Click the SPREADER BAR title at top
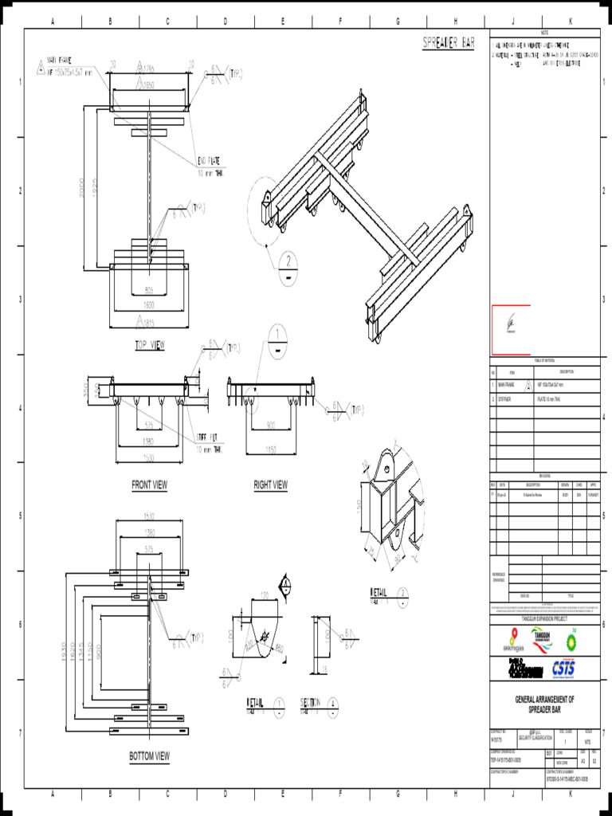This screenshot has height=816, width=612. pos(448,43)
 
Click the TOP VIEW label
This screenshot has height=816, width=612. pos(149,346)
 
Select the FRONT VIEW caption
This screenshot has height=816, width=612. pos(149,484)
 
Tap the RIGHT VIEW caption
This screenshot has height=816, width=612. pos(270,484)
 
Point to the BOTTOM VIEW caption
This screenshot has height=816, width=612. pos(149,755)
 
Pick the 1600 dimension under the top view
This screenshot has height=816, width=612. pos(149,304)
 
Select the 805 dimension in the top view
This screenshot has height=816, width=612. pos(149,290)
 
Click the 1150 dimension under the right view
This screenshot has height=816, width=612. pos(270,450)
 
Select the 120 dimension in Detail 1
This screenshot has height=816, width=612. pos(264,595)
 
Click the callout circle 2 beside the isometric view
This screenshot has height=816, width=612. pos(287,260)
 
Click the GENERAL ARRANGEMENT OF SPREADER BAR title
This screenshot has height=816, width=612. pos(544,704)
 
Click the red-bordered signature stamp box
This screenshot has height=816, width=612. pos(511,329)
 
